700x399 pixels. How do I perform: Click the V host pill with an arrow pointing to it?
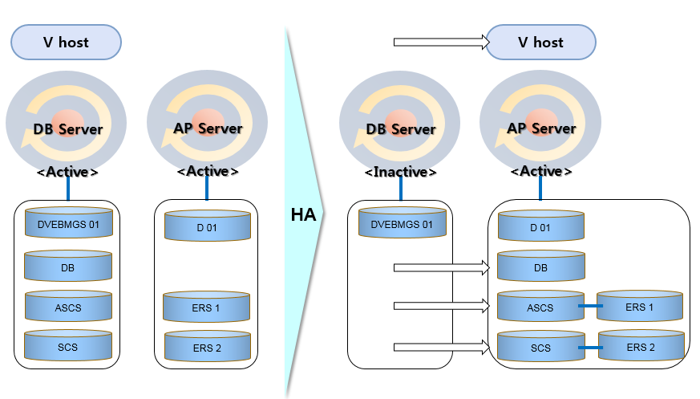click(540, 42)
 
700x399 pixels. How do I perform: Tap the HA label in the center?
click(303, 215)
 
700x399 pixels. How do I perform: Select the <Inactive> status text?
click(400, 172)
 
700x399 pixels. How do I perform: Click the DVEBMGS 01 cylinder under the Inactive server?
click(400, 225)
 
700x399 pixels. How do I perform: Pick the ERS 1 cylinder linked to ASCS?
click(639, 307)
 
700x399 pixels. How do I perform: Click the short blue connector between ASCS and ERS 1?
click(590, 306)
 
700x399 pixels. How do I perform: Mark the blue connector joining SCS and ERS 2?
click(591, 348)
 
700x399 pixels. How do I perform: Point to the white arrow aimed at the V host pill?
click(440, 42)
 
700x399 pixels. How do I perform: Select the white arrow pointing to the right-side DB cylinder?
click(440, 267)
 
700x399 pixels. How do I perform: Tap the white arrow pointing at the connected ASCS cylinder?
click(440, 306)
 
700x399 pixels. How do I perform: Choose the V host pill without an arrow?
click(66, 42)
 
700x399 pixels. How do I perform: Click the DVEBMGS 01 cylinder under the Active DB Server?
click(68, 225)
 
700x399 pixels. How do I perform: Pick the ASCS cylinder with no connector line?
click(68, 307)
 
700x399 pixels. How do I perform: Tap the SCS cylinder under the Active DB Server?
click(68, 346)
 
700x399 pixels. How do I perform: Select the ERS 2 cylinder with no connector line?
click(208, 347)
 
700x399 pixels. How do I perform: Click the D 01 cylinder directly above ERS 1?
click(207, 226)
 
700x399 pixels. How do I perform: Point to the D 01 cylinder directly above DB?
click(540, 228)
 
